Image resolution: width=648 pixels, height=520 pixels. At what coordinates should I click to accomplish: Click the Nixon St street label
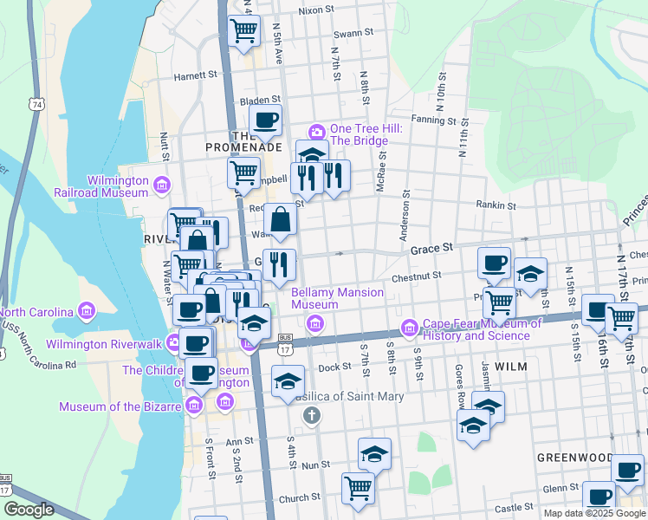pos(316,10)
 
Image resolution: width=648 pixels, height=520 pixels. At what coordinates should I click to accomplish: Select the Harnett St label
pos(195,75)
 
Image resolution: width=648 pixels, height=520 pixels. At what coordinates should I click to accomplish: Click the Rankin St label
pos(496,206)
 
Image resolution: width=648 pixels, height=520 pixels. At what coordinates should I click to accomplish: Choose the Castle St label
pos(515,507)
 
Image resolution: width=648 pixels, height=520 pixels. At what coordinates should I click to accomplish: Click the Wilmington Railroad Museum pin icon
pos(161,185)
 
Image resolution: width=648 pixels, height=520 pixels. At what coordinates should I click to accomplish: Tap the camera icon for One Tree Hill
pos(317,132)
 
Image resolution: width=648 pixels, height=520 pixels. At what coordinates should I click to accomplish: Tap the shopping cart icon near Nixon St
pos(244,30)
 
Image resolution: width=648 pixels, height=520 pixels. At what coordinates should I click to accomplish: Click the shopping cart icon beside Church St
pos(357,487)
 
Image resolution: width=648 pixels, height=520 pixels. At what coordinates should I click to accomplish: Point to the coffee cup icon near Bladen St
pos(265,120)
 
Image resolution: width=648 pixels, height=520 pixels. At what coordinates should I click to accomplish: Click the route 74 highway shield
pos(36,105)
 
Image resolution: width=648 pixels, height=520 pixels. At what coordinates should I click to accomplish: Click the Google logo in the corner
pos(29,510)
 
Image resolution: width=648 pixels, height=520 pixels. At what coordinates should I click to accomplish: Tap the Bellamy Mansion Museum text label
pos(326,299)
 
